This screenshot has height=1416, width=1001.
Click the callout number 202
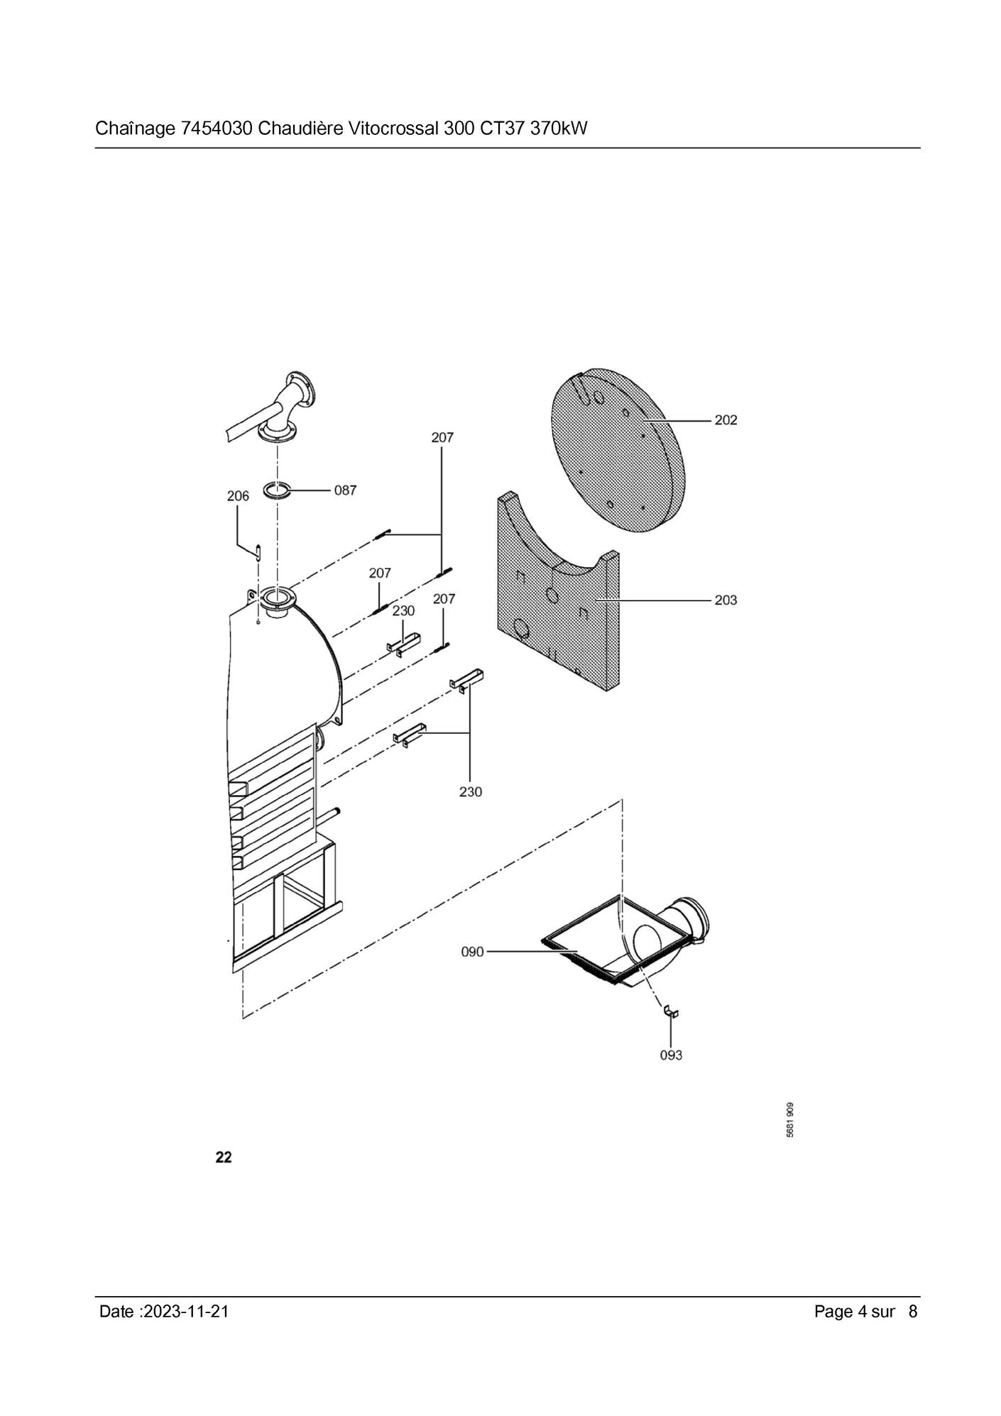(726, 420)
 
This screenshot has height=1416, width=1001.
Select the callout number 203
(726, 600)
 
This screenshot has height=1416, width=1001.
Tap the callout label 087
(345, 490)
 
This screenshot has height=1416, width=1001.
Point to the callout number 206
(238, 496)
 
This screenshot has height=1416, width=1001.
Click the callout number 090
(472, 952)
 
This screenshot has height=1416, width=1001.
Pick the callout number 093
(671, 1055)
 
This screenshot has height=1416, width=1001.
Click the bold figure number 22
(224, 1157)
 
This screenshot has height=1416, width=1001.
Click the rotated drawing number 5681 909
(790, 1120)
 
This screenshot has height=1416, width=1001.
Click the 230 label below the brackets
(470, 791)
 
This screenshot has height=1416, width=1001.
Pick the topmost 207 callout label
(442, 438)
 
